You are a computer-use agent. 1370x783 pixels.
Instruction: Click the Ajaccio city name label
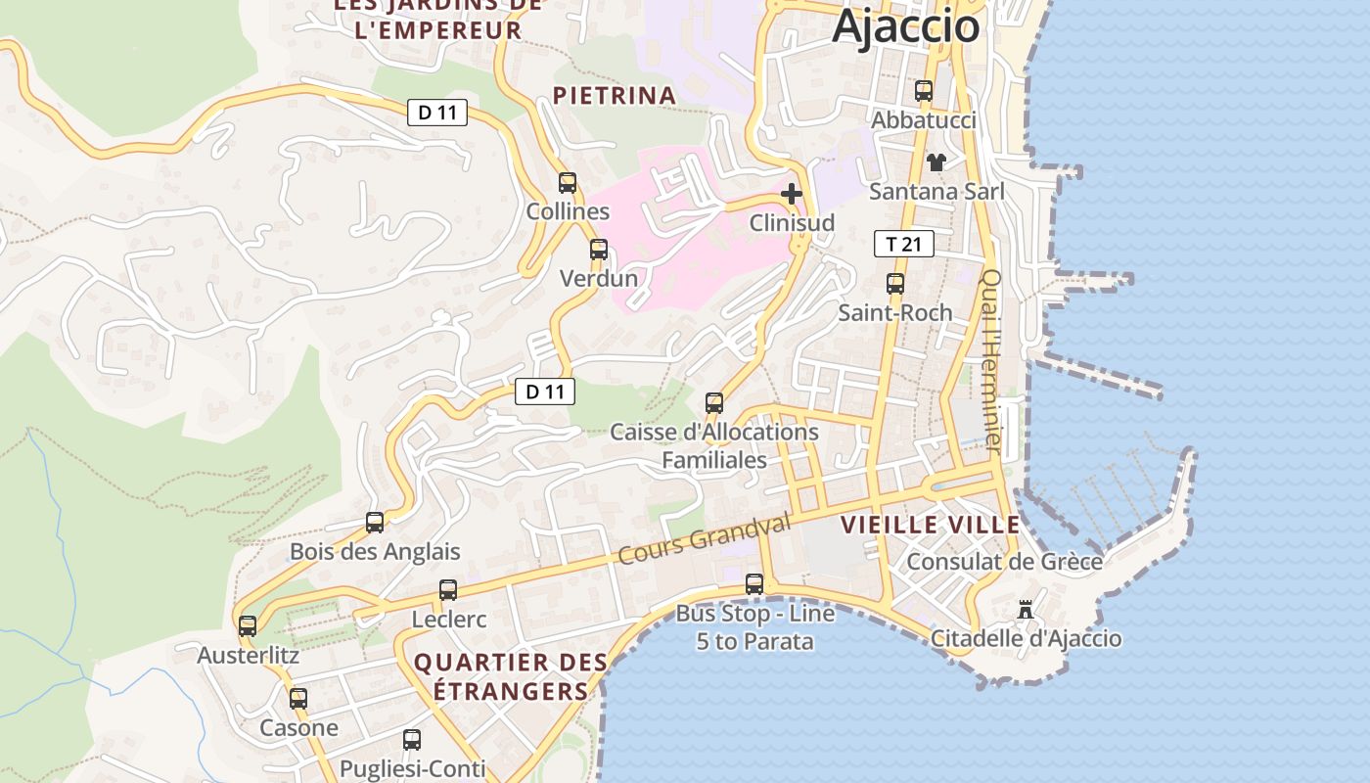pos(905,25)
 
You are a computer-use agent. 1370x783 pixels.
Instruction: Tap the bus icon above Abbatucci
pos(924,91)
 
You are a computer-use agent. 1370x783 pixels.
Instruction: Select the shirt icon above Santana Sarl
pos(936,161)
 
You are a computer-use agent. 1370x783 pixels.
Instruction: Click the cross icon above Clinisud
pos(792,194)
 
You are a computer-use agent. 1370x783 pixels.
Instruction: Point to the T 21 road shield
pos(903,244)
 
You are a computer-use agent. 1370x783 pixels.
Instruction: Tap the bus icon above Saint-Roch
pos(895,284)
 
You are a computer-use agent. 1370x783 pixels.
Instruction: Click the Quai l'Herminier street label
pos(991,360)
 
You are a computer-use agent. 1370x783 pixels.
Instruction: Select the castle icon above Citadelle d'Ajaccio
pos(1026,610)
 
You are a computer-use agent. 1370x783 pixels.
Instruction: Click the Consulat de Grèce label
pos(1004,562)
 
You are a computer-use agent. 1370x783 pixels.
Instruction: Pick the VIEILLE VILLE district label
pos(930,525)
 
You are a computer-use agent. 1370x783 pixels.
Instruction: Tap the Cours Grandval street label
pos(704,538)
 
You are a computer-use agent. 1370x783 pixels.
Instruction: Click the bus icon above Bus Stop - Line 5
pos(754,584)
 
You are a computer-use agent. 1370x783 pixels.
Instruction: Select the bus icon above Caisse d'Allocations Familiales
pos(714,402)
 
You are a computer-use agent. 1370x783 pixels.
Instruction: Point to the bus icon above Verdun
pos(599,250)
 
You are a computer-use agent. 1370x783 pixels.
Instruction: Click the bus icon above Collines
pos(568,182)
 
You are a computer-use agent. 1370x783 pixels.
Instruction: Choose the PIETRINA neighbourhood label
pos(615,96)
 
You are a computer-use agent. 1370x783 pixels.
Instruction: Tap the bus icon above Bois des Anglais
pos(375,522)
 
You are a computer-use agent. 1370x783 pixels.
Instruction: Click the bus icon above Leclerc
pos(448,590)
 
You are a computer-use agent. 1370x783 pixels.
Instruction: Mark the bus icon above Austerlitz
pos(248,625)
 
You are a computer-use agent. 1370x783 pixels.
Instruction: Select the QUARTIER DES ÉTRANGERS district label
pos(510,676)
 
